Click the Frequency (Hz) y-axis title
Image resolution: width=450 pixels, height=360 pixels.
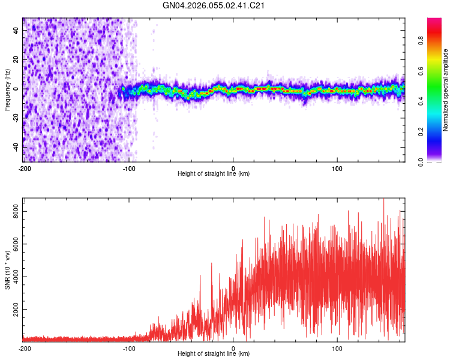[x=7, y=89]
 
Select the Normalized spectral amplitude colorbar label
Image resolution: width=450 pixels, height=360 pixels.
[x=446, y=90]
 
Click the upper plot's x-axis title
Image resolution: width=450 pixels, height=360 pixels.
[x=214, y=174]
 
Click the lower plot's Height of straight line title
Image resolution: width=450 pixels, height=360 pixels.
[x=214, y=354]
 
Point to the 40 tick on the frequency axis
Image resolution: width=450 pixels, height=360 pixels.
[x=16, y=29]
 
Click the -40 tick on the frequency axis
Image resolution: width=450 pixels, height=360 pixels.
[x=15, y=147]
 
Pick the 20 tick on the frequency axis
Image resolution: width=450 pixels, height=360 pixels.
[x=16, y=59]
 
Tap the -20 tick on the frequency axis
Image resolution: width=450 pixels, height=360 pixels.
[x=15, y=118]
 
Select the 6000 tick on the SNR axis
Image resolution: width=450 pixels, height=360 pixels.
[x=13, y=244]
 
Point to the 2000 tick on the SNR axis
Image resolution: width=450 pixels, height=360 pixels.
[x=13, y=310]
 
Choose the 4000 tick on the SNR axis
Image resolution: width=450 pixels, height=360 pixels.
[x=13, y=277]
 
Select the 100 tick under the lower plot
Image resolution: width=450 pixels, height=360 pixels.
[x=337, y=348]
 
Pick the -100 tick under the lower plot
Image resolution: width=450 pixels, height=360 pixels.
[x=128, y=348]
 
